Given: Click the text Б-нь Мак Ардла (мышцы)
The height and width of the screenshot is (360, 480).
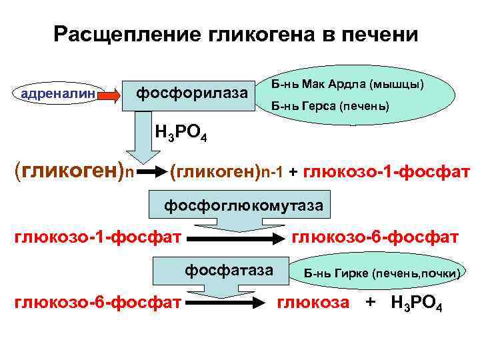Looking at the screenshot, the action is pos(349,85).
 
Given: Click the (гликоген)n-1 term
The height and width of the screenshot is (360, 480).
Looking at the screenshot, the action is pos(227,173).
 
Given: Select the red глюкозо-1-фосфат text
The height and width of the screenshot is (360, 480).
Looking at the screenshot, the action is pos(387,173).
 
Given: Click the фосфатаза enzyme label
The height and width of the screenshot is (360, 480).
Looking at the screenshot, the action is pos(229,270).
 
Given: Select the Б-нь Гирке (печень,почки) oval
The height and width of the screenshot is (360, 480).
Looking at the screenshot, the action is pos(381,273).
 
